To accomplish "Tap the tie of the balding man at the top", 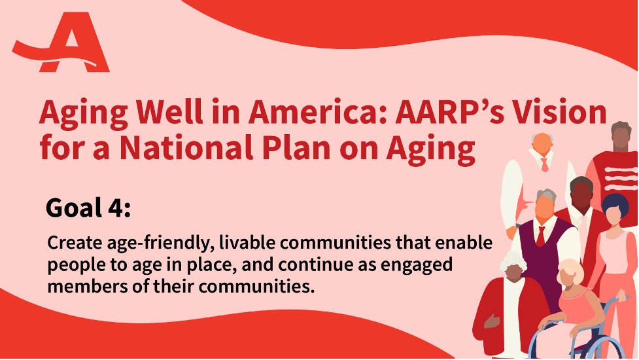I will coord(544,164).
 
